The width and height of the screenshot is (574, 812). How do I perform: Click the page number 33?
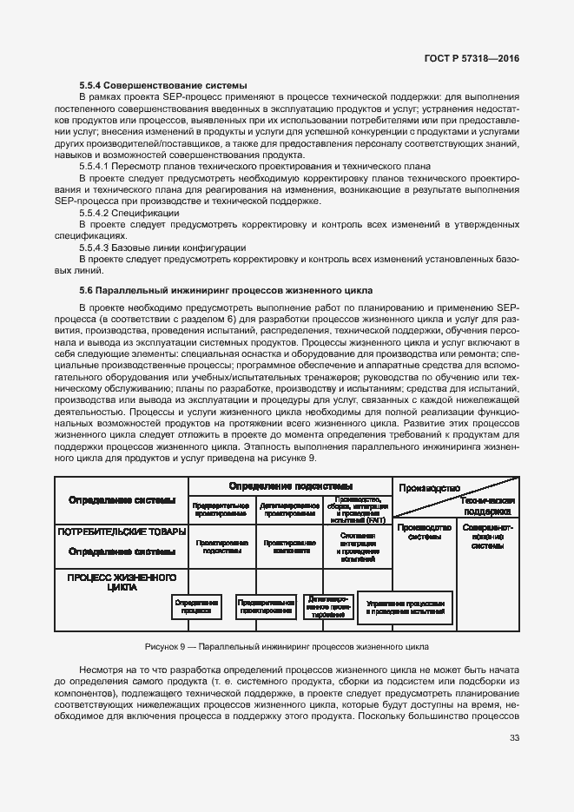coord(514,738)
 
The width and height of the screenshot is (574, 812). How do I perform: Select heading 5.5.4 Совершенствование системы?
coord(163,85)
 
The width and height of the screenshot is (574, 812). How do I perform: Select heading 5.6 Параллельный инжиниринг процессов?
coord(226,289)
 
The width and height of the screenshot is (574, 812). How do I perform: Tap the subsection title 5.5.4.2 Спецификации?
coord(129,213)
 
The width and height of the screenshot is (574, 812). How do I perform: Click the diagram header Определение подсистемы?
coord(291,486)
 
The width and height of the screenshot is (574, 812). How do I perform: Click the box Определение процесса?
coord(197,606)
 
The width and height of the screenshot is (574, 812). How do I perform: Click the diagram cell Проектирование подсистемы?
coord(221,546)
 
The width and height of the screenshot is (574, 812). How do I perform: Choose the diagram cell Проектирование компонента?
coord(289,546)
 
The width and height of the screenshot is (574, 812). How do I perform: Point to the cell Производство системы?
coord(425,532)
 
